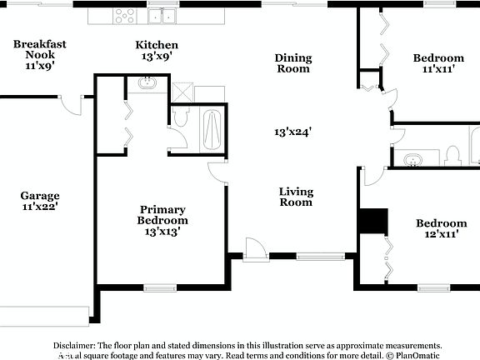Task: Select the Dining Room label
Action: pyautogui.click(x=293, y=63)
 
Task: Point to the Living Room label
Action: pyautogui.click(x=296, y=197)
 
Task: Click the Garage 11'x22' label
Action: pyautogui.click(x=40, y=201)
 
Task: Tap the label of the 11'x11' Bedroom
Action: pyautogui.click(x=438, y=63)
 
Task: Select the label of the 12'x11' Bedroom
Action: pyautogui.click(x=441, y=228)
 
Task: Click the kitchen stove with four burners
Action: pyautogui.click(x=126, y=14)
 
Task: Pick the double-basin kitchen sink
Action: pyautogui.click(x=162, y=15)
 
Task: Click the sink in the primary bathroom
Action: pyautogui.click(x=147, y=83)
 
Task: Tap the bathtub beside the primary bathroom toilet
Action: pyautogui.click(x=212, y=129)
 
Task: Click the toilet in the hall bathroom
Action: pyautogui.click(x=452, y=156)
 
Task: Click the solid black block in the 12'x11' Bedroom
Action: pyautogui.click(x=373, y=222)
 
